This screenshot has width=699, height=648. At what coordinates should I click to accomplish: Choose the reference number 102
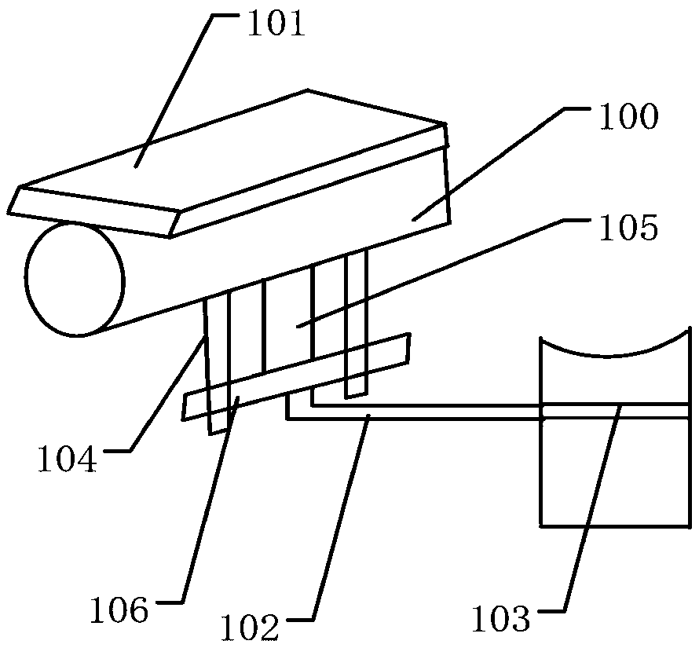coord(250,627)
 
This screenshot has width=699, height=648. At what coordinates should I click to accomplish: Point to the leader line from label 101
coord(177,86)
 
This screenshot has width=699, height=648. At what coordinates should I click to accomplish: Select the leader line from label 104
coord(167,393)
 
